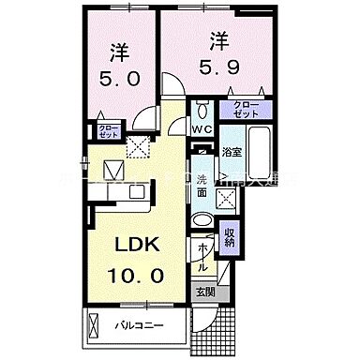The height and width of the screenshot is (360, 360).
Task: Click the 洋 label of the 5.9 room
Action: point(218,40)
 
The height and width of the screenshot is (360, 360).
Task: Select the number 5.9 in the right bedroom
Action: point(218,67)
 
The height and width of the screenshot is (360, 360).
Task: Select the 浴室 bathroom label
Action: point(232,149)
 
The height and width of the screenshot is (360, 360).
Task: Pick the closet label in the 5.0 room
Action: point(107,131)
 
